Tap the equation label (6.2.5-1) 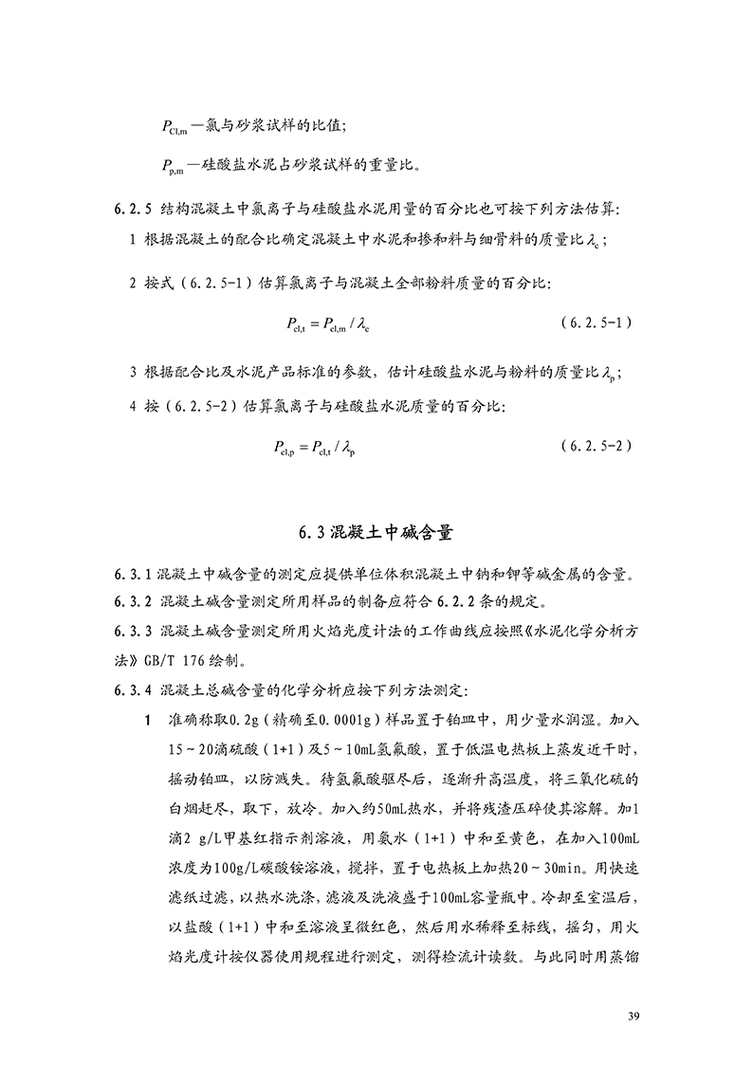pyautogui.click(x=596, y=321)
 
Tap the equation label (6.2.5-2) pyautogui.click(x=596, y=444)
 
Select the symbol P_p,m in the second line pyautogui.click(x=172, y=166)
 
